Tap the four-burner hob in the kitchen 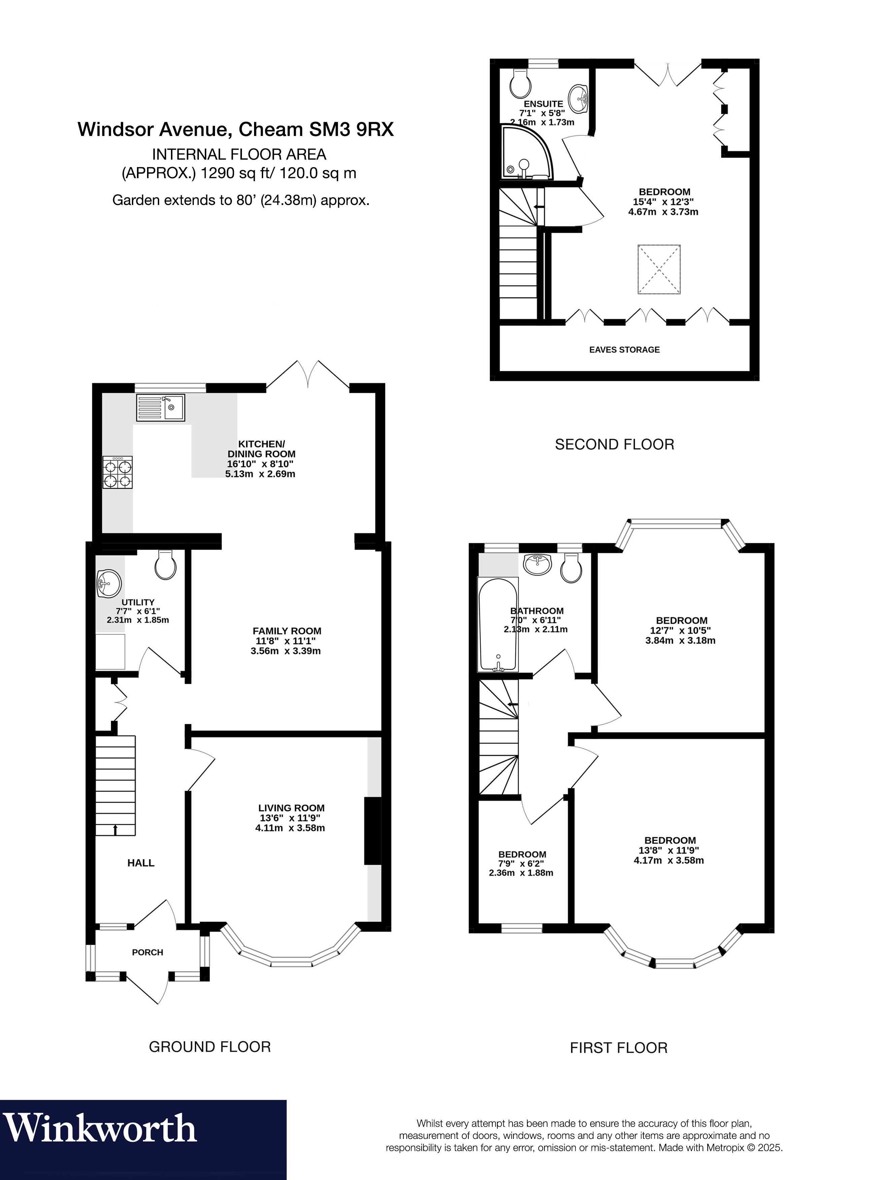[x=118, y=473]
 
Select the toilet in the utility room [x=165, y=565]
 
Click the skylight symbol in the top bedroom [x=659, y=269]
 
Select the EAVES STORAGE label [x=624, y=349]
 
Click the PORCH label [x=148, y=952]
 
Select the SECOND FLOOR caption [x=614, y=444]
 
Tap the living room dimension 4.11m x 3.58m [x=290, y=828]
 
